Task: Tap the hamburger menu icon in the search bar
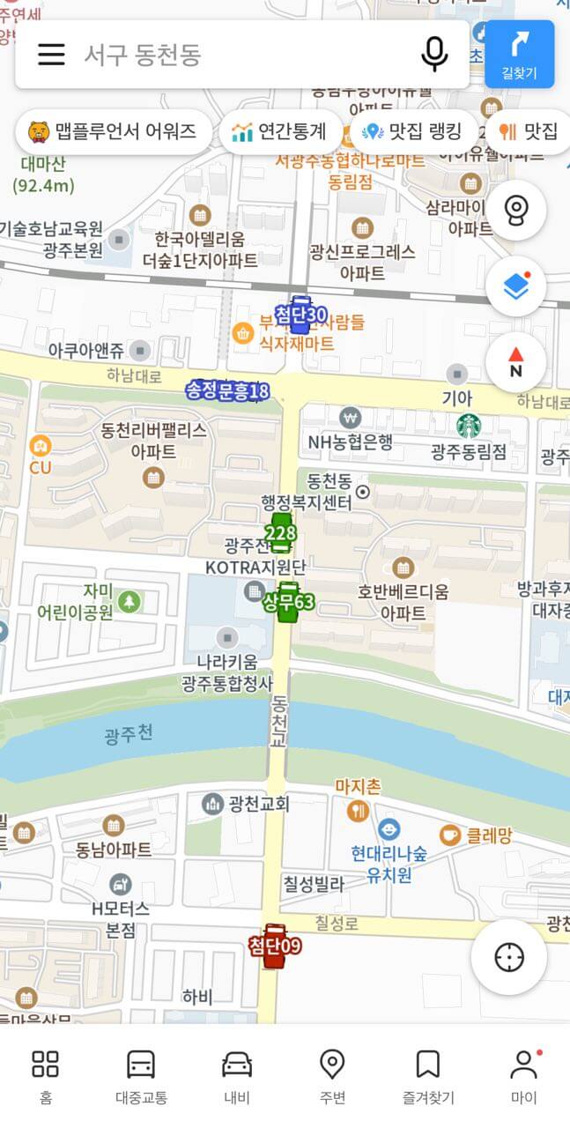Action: tap(51, 55)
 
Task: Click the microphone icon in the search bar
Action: tap(433, 55)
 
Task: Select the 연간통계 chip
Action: tap(279, 132)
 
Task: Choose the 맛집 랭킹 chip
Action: tap(413, 132)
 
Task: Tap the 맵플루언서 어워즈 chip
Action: tap(113, 132)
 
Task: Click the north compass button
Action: tap(515, 362)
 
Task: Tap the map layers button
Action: tap(515, 286)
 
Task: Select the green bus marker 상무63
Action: tap(287, 603)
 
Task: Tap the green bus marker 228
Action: tap(280, 534)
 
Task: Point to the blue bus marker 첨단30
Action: tap(300, 315)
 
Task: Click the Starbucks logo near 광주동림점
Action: tap(469, 427)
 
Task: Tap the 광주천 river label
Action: tap(129, 734)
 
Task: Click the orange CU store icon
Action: tap(40, 446)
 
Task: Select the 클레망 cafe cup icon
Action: tap(450, 834)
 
